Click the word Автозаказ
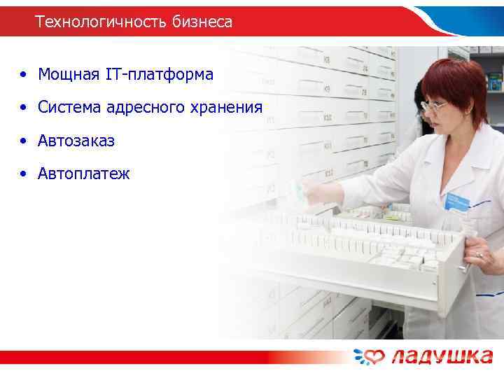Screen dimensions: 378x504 (x=76, y=141)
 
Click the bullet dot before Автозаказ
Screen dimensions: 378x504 (x=24, y=141)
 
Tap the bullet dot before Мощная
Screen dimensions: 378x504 (x=24, y=74)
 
